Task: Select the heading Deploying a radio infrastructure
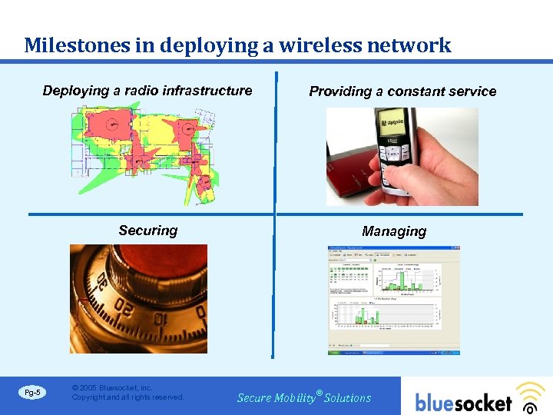coord(147,91)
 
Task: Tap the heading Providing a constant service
coord(402,91)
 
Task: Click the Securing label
coord(147,231)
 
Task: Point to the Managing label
coord(394,231)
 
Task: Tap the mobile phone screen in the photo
coord(392,126)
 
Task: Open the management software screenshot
coord(394,300)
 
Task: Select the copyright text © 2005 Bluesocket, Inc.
coord(111,388)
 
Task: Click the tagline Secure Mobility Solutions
coord(304,397)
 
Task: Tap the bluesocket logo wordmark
coord(463,402)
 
